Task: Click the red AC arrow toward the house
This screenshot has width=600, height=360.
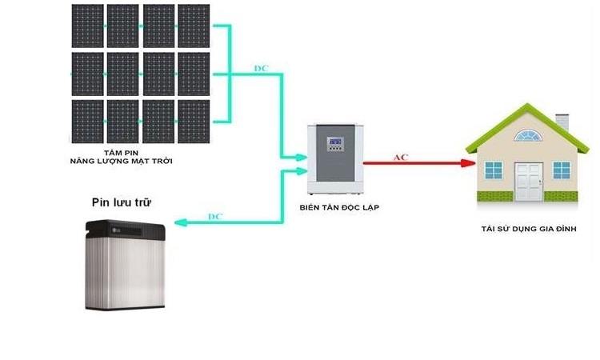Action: [x=416, y=163]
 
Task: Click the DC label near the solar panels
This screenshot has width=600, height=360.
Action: [x=261, y=68]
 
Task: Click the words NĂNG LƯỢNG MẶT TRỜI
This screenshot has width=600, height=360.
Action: [x=121, y=162]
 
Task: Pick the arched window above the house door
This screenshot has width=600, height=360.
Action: [x=528, y=137]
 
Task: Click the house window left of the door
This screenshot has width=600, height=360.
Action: [x=494, y=170]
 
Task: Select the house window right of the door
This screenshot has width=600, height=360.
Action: [x=562, y=170]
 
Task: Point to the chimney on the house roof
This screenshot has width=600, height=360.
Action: [x=562, y=122]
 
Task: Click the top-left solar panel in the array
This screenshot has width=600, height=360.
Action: [x=87, y=26]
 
